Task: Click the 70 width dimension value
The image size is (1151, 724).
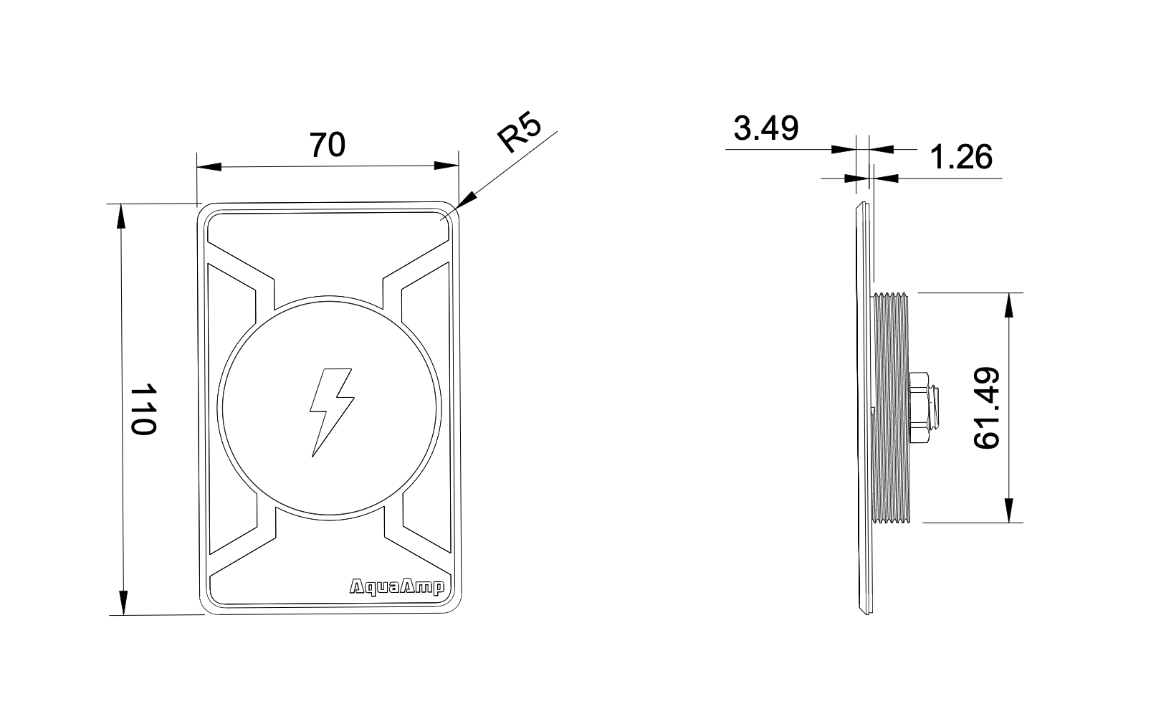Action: tap(328, 145)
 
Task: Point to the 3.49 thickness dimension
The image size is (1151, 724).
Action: tap(765, 130)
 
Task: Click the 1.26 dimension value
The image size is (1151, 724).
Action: tap(960, 158)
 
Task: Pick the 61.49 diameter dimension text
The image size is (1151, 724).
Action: tap(988, 408)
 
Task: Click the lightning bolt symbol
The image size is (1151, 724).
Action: tap(330, 412)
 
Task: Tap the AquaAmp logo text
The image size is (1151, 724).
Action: tap(396, 587)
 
